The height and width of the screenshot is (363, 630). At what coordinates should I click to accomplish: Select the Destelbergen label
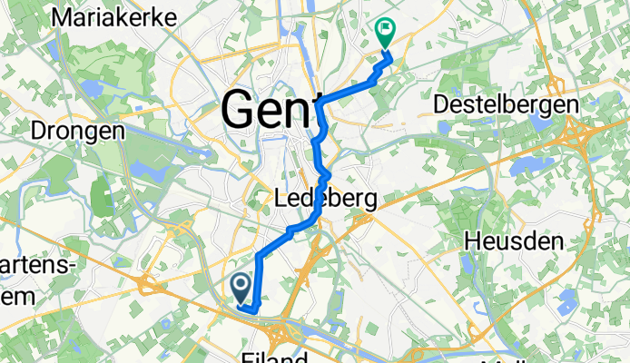507,105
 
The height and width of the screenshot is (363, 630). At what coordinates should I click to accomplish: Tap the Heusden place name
515,240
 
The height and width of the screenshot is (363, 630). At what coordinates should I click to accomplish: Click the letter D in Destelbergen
442,105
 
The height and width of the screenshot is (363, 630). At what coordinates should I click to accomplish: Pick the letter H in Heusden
472,240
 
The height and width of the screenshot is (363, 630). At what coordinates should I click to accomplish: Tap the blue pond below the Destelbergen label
523,166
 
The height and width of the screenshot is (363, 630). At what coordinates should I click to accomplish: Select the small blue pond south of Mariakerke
94,88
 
